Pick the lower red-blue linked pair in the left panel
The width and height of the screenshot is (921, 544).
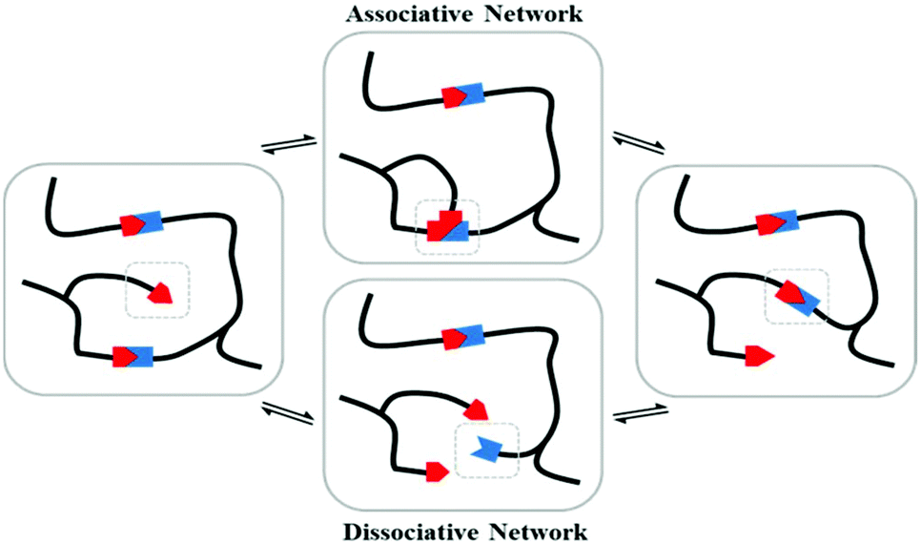(133, 357)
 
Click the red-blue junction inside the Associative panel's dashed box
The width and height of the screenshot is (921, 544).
(446, 227)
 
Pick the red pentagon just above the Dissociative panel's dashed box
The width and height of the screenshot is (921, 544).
(476, 409)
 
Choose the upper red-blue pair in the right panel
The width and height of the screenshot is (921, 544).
(778, 223)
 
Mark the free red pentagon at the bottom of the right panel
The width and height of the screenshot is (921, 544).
(759, 357)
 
